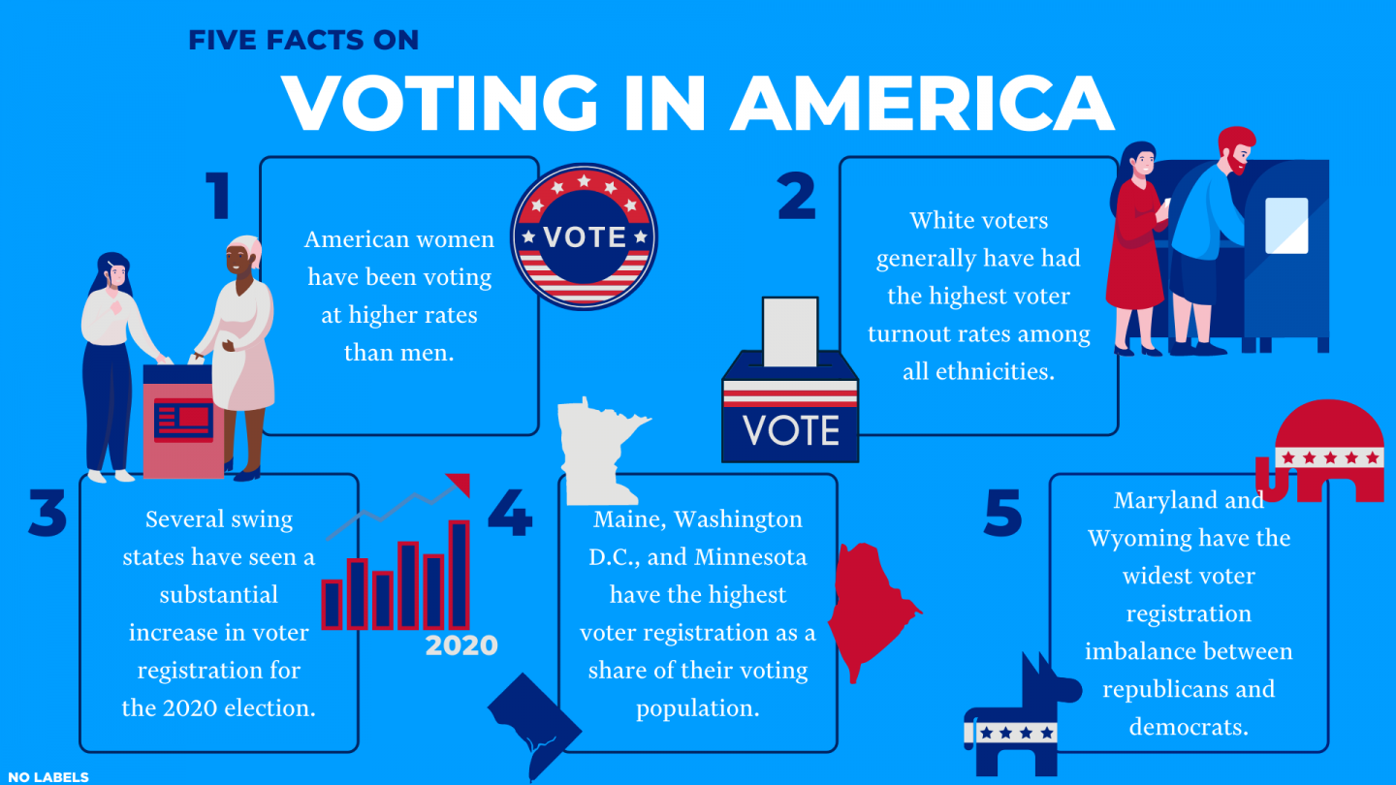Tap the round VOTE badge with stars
[584, 236]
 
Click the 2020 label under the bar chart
[461, 645]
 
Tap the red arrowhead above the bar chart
[459, 483]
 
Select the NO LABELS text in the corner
[45, 776]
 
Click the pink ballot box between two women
[182, 423]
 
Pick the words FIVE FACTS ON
[303, 40]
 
